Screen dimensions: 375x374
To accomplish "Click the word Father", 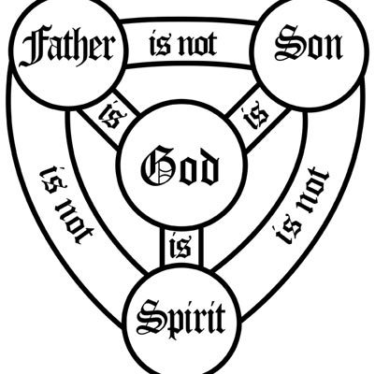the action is pos(65,47).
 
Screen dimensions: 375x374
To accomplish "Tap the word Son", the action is pos(309,44).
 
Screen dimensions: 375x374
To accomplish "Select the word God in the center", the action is pos(180,165).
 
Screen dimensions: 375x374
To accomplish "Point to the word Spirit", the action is pos(181,316).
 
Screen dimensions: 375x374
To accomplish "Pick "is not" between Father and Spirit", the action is pos(66,205).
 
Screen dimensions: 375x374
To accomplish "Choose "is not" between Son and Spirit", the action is pos(303,206).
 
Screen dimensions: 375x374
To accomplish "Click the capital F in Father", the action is pos(33,48).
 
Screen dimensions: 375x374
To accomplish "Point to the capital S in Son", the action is pos(287,43).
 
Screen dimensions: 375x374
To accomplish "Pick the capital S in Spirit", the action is pos(149,315).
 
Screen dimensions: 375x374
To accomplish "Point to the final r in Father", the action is pos(107,50).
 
